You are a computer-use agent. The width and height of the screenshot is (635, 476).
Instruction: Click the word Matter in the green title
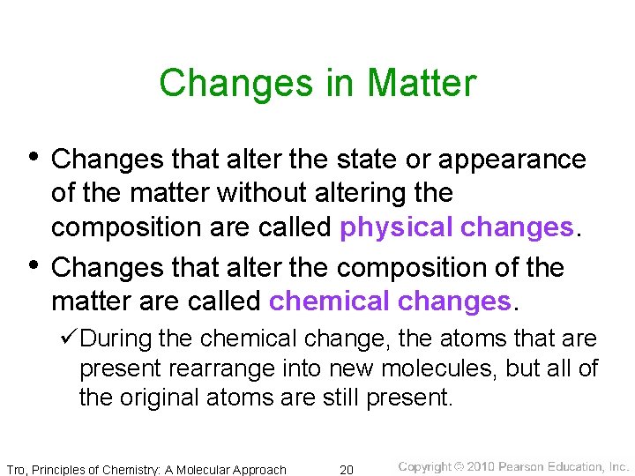pos(421,84)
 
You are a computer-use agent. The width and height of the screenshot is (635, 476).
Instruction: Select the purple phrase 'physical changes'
pos(456,227)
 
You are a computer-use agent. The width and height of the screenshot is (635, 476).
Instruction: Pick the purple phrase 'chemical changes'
pos(390,301)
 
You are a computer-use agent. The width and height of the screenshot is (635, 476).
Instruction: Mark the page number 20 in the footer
pos(347,469)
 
